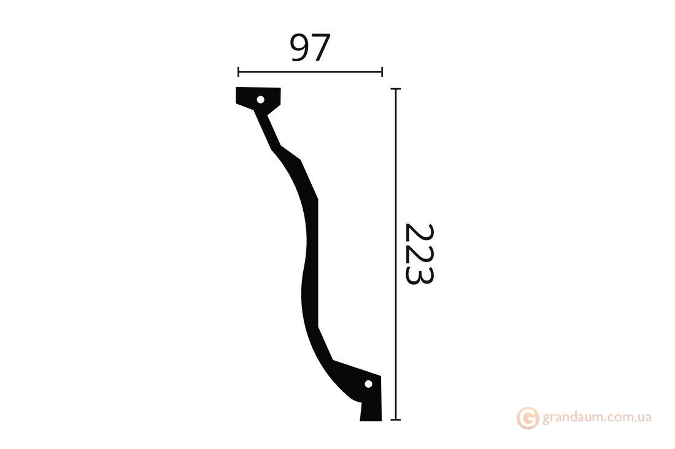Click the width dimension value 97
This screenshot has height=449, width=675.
[x=310, y=47]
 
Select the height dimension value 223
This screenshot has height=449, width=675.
[x=419, y=254]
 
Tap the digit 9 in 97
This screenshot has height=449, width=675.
[x=300, y=47]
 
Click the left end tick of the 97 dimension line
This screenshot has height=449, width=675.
[x=238, y=72]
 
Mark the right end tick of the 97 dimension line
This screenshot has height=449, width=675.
[x=382, y=72]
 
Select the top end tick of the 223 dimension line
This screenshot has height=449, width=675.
[x=396, y=89]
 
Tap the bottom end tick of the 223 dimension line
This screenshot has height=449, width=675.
[x=396, y=420]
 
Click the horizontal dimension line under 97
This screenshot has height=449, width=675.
[x=310, y=72]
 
